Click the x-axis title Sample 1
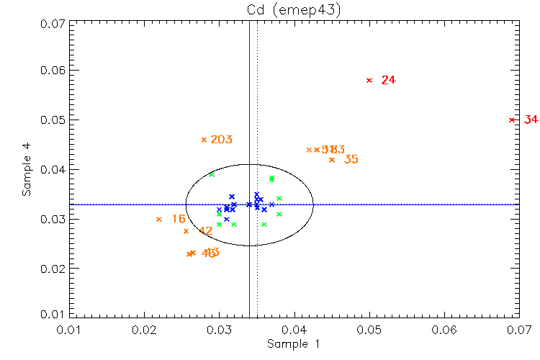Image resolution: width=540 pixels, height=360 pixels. (293, 344)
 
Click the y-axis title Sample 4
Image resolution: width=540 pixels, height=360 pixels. (27, 170)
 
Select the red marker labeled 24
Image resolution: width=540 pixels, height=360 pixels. (369, 80)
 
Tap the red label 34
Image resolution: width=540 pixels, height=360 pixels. (531, 120)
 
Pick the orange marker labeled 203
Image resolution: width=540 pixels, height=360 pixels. (204, 140)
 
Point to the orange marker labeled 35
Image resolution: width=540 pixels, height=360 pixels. (332, 160)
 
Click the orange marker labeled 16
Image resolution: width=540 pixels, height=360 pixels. (159, 219)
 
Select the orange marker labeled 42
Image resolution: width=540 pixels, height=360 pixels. (186, 231)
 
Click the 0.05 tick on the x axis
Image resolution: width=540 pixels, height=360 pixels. (369, 329)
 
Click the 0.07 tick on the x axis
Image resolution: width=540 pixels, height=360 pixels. (519, 329)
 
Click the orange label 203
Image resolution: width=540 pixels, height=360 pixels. (221, 140)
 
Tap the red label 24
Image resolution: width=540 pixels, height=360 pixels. (389, 80)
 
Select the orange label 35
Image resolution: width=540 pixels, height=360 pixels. (351, 159)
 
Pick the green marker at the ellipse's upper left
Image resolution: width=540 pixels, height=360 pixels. (212, 174)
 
